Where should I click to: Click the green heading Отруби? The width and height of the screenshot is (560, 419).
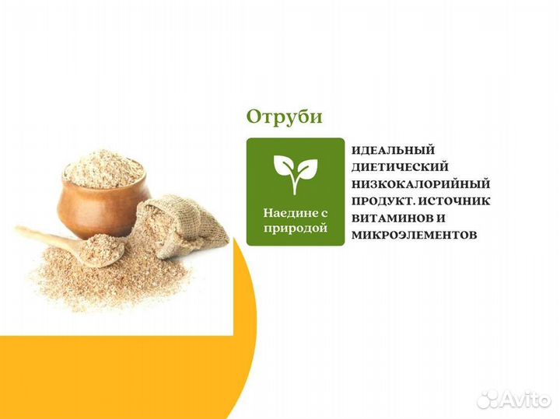pyautogui.click(x=284, y=117)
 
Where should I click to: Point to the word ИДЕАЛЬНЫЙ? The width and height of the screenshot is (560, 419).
pyautogui.click(x=393, y=150)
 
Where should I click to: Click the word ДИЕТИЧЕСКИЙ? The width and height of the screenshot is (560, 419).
pyautogui.click(x=400, y=167)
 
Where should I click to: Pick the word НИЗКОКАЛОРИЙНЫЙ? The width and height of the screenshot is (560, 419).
pyautogui.click(x=421, y=184)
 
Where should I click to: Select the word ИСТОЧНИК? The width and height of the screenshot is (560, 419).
pyautogui.click(x=458, y=201)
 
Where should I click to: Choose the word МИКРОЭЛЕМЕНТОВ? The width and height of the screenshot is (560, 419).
pyautogui.click(x=412, y=235)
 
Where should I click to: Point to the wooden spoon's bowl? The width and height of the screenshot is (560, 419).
pyautogui.click(x=103, y=249)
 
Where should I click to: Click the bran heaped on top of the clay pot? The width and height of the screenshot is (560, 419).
pyautogui.click(x=103, y=166)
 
